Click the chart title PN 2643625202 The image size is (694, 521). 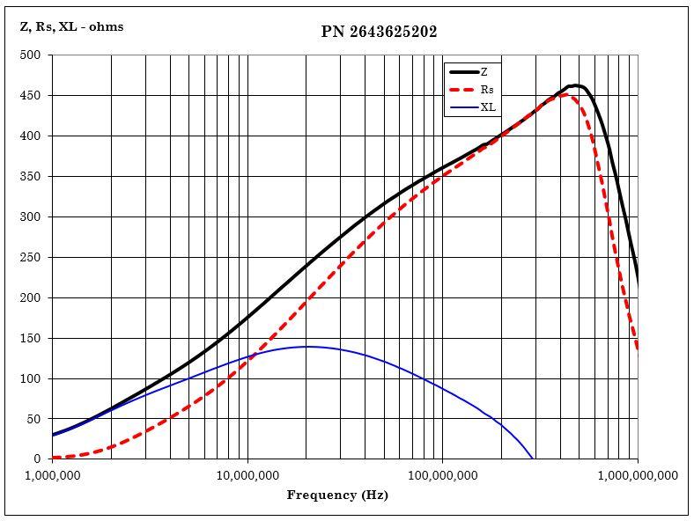pyautogui.click(x=379, y=32)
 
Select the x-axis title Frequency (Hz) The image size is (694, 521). pyautogui.click(x=337, y=495)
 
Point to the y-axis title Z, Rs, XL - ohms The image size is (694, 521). pyautogui.click(x=71, y=26)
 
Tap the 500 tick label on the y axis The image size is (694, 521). pyautogui.click(x=31, y=55)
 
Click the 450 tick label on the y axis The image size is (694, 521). pyautogui.click(x=31, y=95)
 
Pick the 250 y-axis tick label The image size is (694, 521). pyautogui.click(x=31, y=257)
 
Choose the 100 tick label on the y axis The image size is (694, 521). pyautogui.click(x=31, y=378)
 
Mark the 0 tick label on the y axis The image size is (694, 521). pyautogui.click(x=38, y=459)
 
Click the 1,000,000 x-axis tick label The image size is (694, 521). pyautogui.click(x=52, y=475)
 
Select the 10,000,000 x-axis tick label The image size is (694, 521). pyautogui.click(x=247, y=475)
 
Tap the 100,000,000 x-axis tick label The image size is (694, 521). pyautogui.click(x=442, y=475)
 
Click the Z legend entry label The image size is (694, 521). pyautogui.click(x=484, y=72)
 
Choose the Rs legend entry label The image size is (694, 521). pyautogui.click(x=487, y=90)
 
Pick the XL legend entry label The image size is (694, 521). pyautogui.click(x=488, y=107)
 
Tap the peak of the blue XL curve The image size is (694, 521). pyautogui.click(x=307, y=347)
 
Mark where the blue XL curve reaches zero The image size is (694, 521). pyautogui.click(x=534, y=459)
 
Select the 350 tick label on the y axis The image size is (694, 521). pyautogui.click(x=31, y=176)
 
